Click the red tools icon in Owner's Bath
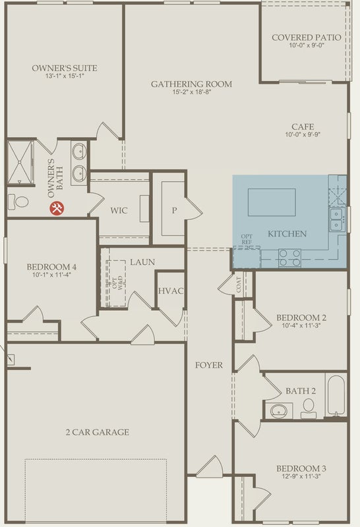pos(57,208)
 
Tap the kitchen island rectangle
pos(272,202)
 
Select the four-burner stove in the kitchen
pos(289,258)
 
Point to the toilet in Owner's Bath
pos(18,202)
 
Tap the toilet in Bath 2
pos(308,408)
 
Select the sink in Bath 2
pos(279,410)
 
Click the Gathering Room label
pos(191,84)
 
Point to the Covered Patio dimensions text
pos(307,45)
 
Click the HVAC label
pos(171,291)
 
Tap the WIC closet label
pos(119,211)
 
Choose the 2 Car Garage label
pos(97,432)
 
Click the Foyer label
pos(209,365)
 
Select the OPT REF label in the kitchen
pos(247,239)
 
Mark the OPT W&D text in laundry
pos(118,283)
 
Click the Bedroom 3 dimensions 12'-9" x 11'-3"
pos(301,476)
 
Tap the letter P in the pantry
pos(174,211)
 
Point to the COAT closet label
pos(239,285)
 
